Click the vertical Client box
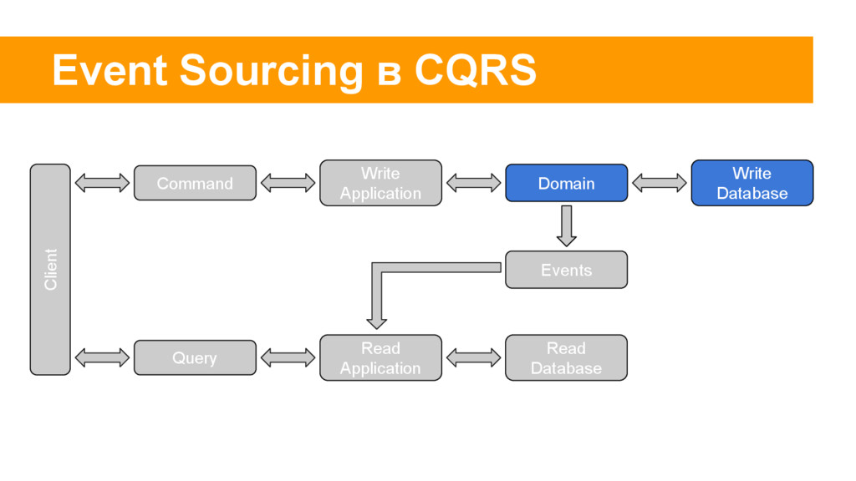click(x=50, y=270)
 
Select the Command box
click(x=195, y=183)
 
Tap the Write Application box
click(x=380, y=183)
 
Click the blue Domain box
click(x=566, y=183)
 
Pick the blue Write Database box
click(x=752, y=183)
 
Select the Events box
click(x=566, y=270)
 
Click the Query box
click(x=195, y=357)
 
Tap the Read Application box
click(x=380, y=357)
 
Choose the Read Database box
click(x=566, y=357)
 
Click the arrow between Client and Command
click(x=102, y=183)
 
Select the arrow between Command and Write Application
click(x=288, y=183)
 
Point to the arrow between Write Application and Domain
click(x=473, y=183)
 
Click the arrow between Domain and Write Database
click(x=659, y=183)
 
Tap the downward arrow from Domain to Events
click(x=566, y=225)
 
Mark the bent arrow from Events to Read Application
click(x=377, y=268)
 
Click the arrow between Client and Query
click(x=102, y=357)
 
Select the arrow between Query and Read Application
click(x=288, y=357)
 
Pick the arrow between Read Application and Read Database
click(x=473, y=357)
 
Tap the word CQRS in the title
click(x=476, y=71)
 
